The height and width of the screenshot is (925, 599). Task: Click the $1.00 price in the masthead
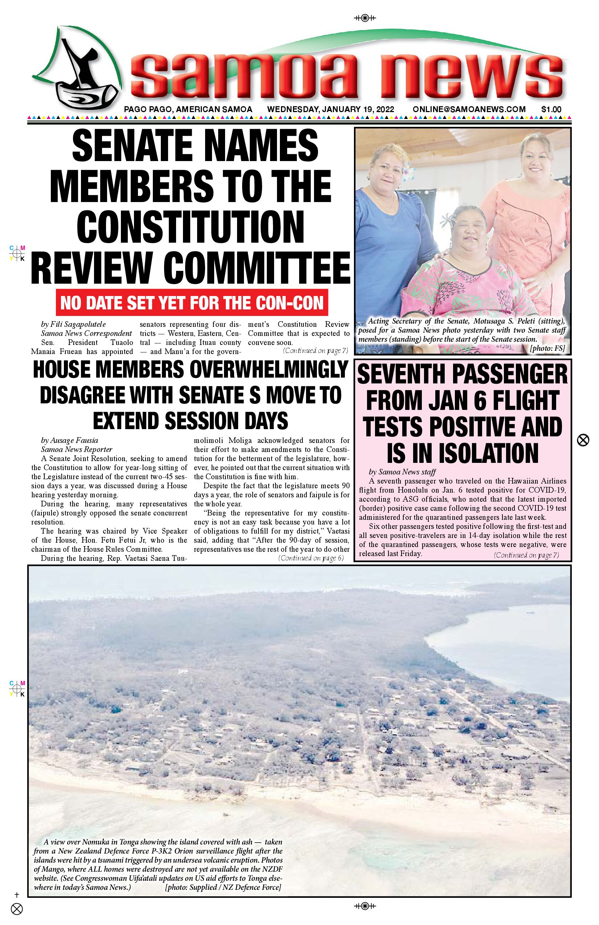(x=551, y=110)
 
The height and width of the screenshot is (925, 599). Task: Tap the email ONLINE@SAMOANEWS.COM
(x=469, y=110)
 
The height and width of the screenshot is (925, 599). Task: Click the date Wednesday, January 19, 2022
(x=330, y=110)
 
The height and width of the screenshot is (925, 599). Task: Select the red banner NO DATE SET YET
(x=192, y=303)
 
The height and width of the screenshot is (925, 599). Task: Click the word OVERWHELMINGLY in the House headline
(x=266, y=370)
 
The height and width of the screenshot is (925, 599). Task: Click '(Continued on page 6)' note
(x=311, y=558)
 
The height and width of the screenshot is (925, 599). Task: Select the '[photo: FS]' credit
(x=547, y=348)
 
